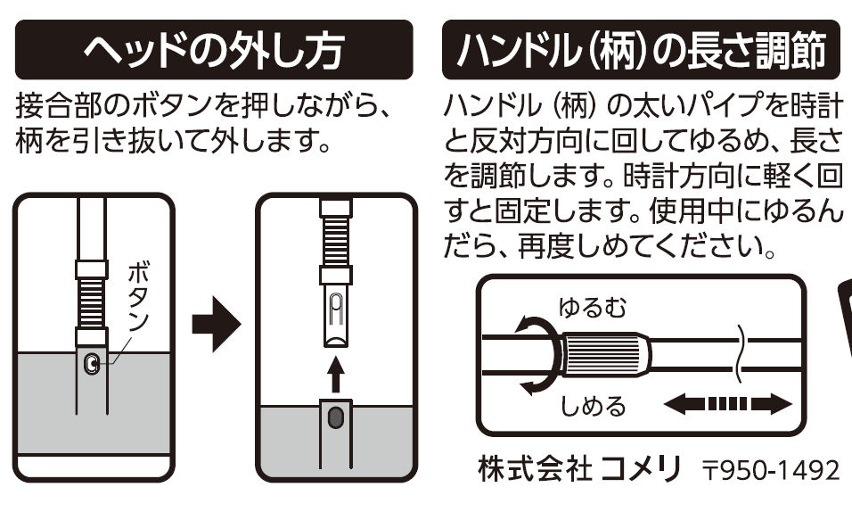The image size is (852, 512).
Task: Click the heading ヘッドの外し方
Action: click(215, 51)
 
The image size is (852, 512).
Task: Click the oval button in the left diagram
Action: click(91, 363)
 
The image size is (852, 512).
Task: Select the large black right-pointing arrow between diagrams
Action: click(217, 327)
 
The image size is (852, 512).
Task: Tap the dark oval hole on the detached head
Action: click(335, 417)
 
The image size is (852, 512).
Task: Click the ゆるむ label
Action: click(593, 308)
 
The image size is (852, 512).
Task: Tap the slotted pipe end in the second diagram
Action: click(335, 317)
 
